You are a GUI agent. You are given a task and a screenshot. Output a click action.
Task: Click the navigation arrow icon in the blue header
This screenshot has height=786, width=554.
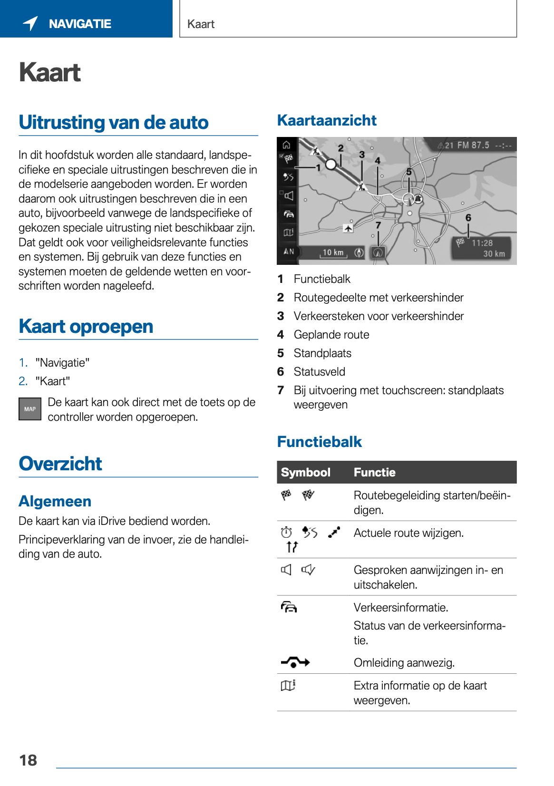pyautogui.click(x=30, y=23)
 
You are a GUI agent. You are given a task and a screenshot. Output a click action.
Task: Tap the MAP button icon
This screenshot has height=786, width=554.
pyautogui.click(x=30, y=409)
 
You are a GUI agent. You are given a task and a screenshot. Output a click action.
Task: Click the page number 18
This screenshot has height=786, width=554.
pyautogui.click(x=28, y=760)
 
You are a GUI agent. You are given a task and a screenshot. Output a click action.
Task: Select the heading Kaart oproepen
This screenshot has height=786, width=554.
pyautogui.click(x=86, y=327)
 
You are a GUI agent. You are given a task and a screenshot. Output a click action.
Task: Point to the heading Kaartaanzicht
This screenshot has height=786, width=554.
pyautogui.click(x=327, y=120)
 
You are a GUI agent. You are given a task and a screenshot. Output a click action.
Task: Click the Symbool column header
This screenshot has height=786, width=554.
pyautogui.click(x=305, y=472)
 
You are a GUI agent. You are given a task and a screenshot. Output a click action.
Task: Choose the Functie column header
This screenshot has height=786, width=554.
pyautogui.click(x=374, y=472)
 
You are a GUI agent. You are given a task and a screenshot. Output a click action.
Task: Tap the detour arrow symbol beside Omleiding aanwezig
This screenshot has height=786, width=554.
pyautogui.click(x=295, y=662)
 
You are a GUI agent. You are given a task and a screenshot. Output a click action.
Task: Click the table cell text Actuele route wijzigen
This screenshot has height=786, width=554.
pyautogui.click(x=408, y=533)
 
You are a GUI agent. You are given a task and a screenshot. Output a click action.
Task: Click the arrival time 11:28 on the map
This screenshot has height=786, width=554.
pyautogui.click(x=482, y=243)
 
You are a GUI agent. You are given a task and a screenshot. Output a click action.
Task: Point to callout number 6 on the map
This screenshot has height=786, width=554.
pyautogui.click(x=468, y=218)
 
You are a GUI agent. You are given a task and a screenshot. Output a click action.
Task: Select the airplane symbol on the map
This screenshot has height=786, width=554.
pyautogui.click(x=348, y=229)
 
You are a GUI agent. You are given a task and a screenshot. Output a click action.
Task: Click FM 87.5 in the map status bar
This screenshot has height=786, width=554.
pyautogui.click(x=473, y=145)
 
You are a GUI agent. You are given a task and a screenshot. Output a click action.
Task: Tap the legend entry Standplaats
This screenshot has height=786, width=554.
pyautogui.click(x=322, y=353)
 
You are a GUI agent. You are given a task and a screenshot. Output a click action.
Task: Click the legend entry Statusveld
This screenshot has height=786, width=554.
pyautogui.click(x=319, y=372)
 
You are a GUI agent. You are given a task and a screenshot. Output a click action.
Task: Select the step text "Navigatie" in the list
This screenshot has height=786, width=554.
pyautogui.click(x=62, y=363)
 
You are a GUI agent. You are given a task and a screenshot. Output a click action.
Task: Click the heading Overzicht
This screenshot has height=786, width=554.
pyautogui.click(x=60, y=464)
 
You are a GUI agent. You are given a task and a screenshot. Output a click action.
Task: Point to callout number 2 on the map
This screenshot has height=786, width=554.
pyautogui.click(x=340, y=148)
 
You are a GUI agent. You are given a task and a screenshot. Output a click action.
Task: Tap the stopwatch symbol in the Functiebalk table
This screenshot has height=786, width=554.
pyautogui.click(x=286, y=532)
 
